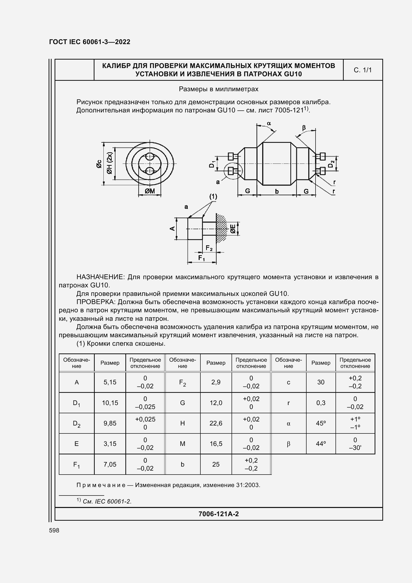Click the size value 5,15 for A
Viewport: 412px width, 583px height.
[110, 382]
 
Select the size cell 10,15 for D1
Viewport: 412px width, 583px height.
[110, 403]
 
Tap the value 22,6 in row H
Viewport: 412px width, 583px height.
[216, 423]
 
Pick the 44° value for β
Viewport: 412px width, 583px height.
[321, 444]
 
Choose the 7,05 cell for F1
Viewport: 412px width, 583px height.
[110, 464]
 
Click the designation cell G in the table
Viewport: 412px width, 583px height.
[182, 403]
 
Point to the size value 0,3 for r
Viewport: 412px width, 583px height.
[321, 403]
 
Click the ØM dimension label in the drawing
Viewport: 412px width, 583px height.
[150, 191]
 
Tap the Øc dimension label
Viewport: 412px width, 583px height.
[99, 164]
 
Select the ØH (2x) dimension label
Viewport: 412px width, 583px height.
[109, 164]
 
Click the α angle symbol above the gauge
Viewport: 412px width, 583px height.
[269, 123]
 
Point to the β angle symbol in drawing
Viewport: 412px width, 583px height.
[304, 127]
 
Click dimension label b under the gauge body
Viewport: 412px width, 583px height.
[277, 191]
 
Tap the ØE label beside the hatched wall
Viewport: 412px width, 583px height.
[233, 229]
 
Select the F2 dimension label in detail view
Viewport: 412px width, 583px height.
[209, 248]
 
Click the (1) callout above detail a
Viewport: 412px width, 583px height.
[213, 196]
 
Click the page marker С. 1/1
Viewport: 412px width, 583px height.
[362, 70]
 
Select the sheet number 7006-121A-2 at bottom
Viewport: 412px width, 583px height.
[219, 514]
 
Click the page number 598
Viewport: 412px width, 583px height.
[54, 530]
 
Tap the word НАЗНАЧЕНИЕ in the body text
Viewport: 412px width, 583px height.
[100, 277]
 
